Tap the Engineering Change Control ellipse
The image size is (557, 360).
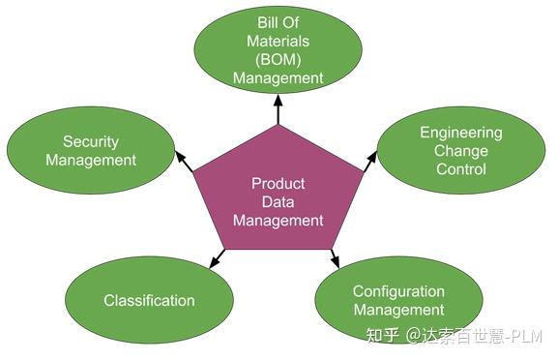460,150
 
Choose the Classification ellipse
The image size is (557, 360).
149,299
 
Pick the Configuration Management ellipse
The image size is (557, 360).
398,300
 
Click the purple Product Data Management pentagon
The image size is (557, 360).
278,198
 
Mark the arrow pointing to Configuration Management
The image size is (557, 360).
334,257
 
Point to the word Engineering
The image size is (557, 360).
460,133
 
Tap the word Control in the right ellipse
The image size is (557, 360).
460,168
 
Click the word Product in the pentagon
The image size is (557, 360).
278,183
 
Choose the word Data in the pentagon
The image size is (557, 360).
278,201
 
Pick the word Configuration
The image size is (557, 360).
398,291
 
